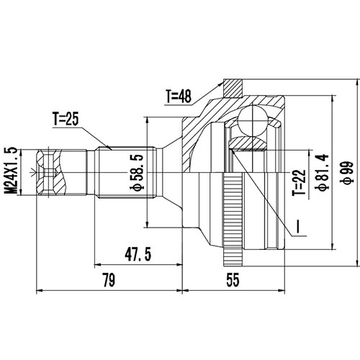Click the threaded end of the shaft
click(x=51, y=171)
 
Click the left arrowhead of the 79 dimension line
click(x=40, y=292)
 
